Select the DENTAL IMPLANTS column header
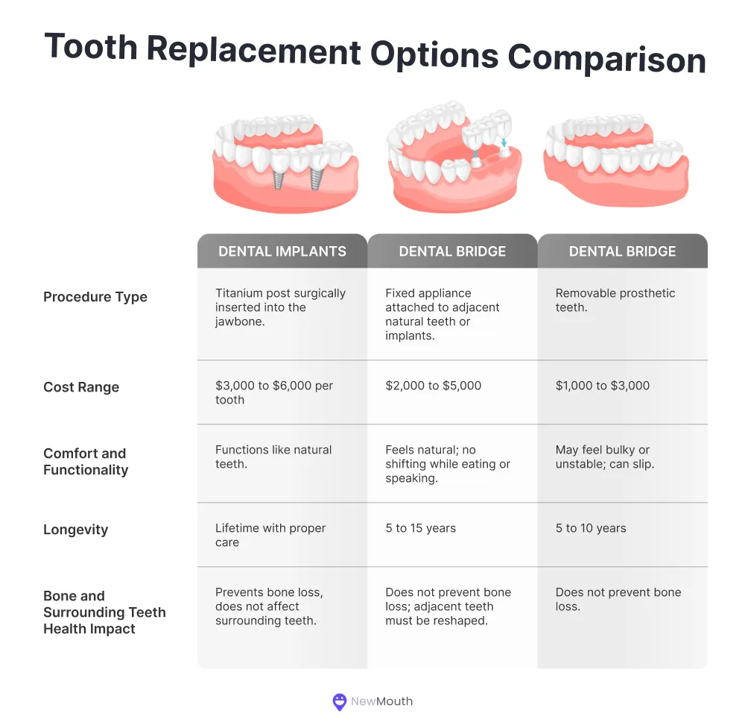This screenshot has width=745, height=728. pos(282,251)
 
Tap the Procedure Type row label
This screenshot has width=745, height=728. pos(95,297)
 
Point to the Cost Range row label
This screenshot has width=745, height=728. pos(81,387)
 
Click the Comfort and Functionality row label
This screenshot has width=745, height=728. pos(86,462)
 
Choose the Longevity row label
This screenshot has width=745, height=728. pos(76,530)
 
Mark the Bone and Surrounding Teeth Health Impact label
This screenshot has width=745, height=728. pos(104,612)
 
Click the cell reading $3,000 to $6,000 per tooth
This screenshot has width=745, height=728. pos(274,392)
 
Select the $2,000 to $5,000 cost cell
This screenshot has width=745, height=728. pos(434,386)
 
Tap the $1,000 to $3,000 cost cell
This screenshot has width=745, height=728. pos(603,386)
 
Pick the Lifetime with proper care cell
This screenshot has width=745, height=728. pos(270,535)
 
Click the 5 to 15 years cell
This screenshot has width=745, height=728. pos(421,528)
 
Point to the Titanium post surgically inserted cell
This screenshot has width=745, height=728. pos(280,307)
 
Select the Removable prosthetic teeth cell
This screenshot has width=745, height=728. pos(615,300)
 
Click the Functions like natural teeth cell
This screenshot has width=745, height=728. pos(273,456)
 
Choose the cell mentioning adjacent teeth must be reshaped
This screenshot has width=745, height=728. pos(448,606)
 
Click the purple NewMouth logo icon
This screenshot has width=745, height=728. pos(340,701)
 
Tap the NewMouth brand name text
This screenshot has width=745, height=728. pos(383,701)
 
